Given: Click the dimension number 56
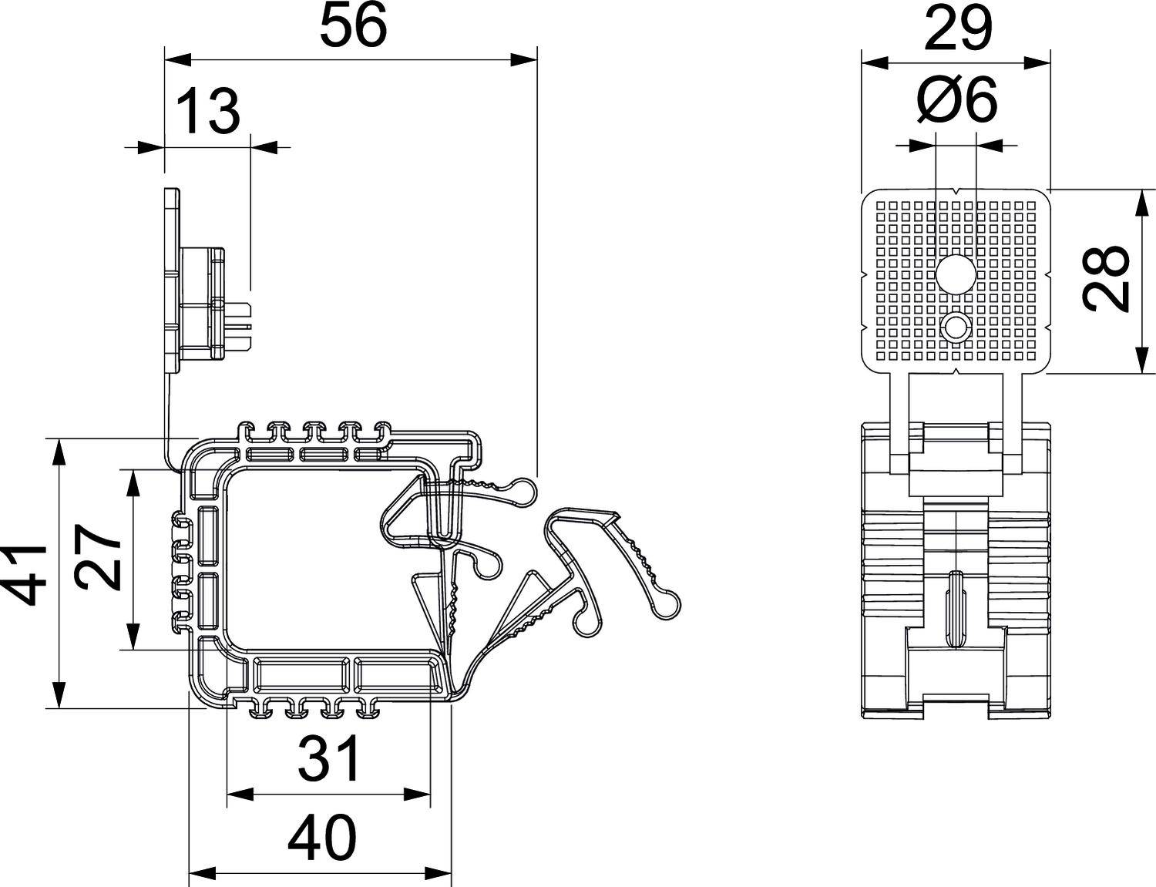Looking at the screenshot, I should tap(352, 27).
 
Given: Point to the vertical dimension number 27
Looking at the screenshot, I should tap(100, 559).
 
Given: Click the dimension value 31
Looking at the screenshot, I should tap(329, 758).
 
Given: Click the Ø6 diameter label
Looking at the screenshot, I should tap(956, 102).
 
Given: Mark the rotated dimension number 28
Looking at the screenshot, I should tap(1104, 279).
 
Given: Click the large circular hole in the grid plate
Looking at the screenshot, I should tap(956, 273).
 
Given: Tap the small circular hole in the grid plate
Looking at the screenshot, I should tap(956, 328).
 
